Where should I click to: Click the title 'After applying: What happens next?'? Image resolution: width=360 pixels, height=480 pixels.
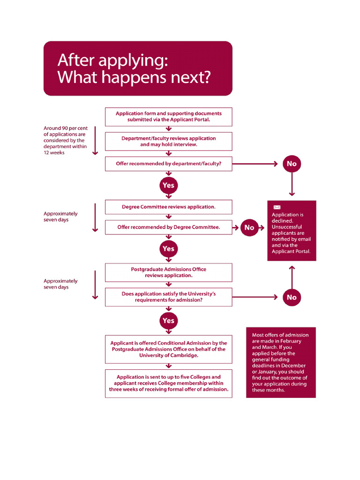138,68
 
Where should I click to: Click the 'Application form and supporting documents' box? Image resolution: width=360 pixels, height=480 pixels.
168,116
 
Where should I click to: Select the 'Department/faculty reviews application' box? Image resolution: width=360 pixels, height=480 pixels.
168,141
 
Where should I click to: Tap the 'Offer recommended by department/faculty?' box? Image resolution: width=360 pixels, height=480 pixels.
168,164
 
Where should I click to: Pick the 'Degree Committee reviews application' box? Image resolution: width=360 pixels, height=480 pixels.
168,207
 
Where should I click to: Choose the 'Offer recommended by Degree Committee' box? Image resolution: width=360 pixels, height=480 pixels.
168,227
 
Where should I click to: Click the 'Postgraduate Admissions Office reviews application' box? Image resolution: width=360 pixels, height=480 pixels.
168,272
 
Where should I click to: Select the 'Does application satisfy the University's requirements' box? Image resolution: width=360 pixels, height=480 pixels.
168,297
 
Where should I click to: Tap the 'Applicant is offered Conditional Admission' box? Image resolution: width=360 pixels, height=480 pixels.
168,349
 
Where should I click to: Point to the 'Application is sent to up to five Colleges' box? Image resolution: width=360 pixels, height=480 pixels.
168,383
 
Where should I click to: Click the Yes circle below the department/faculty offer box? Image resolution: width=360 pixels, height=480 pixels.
168,185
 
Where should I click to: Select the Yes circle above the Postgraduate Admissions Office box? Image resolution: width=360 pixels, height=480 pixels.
168,249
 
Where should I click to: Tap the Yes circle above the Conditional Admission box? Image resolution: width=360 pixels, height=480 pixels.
168,321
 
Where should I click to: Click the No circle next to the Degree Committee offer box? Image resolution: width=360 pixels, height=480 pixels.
249,227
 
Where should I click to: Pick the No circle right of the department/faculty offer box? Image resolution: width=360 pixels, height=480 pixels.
292,164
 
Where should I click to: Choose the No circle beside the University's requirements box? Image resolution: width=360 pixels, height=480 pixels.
292,297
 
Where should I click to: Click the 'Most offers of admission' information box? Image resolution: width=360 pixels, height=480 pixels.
281,362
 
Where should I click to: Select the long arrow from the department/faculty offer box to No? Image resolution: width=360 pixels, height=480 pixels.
255,164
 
